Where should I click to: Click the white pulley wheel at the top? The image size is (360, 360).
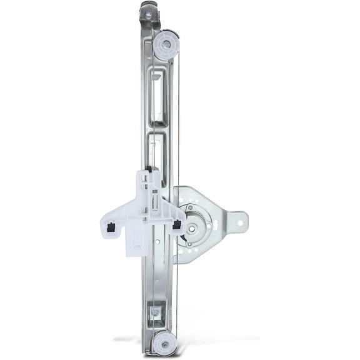[166, 46]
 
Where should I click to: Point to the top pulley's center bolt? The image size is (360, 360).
[166, 45]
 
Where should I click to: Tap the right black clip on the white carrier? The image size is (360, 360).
[177, 224]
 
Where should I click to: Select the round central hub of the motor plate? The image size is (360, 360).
[193, 225]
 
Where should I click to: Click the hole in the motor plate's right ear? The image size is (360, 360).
[237, 221]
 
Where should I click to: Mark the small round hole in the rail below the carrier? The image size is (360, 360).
[157, 242]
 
